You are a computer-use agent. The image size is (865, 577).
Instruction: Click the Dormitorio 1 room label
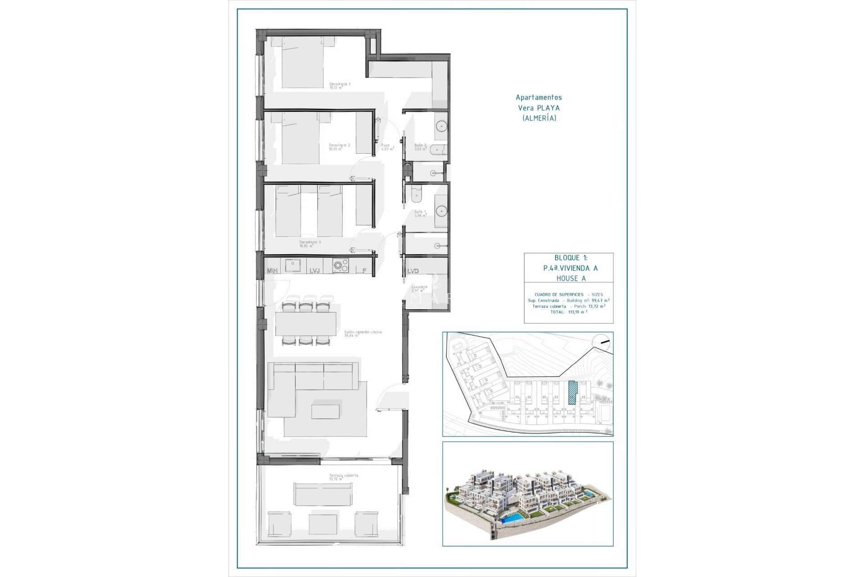click(340, 85)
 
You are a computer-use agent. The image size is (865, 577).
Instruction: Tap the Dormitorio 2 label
click(339, 147)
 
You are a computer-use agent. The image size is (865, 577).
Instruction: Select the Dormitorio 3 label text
click(310, 243)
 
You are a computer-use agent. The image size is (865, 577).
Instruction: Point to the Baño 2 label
click(420, 147)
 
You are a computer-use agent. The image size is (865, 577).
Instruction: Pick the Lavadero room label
click(419, 288)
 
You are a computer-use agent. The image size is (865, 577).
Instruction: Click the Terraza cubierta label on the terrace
click(344, 477)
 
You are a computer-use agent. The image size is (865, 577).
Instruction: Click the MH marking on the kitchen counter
click(272, 271)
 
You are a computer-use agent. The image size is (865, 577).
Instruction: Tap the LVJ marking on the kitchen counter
click(314, 271)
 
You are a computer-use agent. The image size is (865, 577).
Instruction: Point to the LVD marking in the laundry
click(413, 271)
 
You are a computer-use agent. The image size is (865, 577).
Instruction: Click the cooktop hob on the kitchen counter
click(340, 266)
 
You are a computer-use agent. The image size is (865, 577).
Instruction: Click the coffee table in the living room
click(325, 411)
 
